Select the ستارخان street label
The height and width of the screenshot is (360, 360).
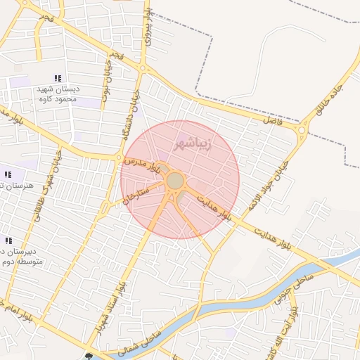tap(136, 193)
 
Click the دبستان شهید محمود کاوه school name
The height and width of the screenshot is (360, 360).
tap(59, 94)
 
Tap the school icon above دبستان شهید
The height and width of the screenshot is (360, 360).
tap(58, 78)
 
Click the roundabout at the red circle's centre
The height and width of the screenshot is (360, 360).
tap(175, 181)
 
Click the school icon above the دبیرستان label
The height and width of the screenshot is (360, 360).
tap(8, 240)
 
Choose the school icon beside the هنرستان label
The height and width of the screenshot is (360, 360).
tap(8, 174)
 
